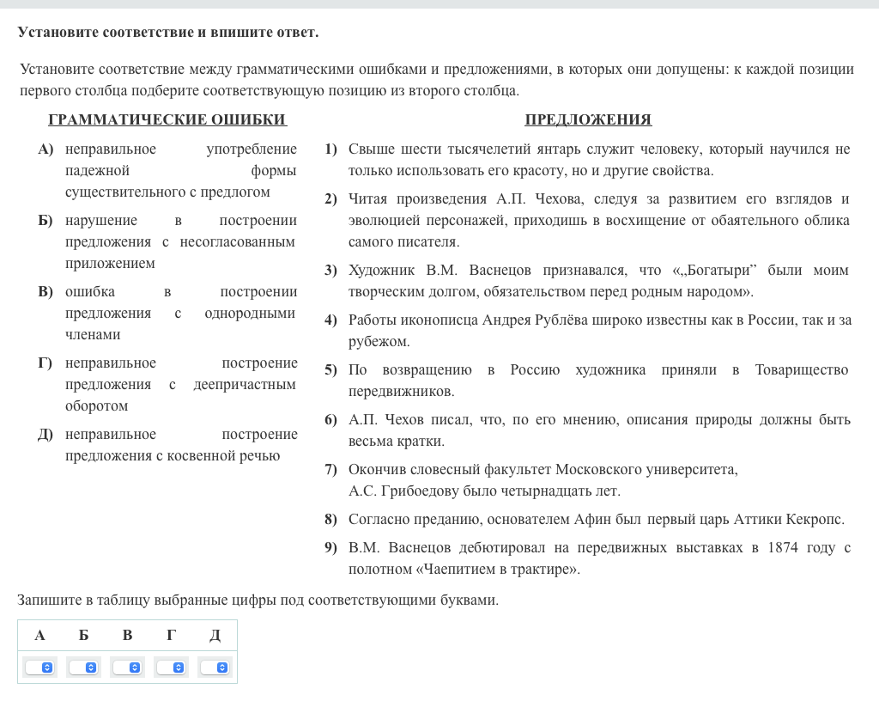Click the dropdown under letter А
(40, 667)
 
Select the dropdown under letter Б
(84, 667)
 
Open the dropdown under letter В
(128, 667)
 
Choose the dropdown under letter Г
(172, 667)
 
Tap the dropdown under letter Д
(215, 667)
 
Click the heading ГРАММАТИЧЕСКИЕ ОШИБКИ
(167, 119)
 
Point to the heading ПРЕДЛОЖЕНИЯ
(588, 119)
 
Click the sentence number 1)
(330, 149)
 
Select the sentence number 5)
(330, 370)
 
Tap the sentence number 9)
(330, 548)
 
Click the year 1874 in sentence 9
(783, 548)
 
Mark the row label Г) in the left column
(45, 363)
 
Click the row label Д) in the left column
(45, 435)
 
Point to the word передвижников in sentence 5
(402, 392)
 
